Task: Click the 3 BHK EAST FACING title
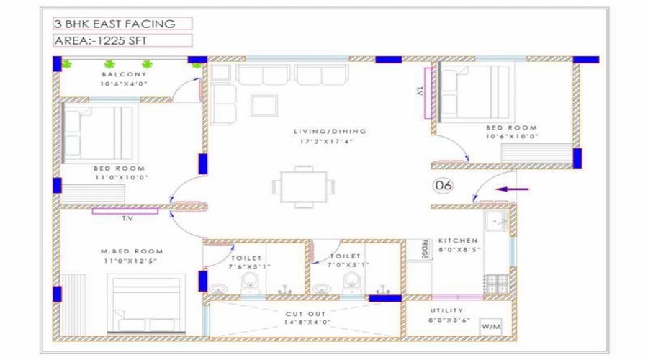[x=114, y=24]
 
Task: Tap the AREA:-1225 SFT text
[x=101, y=40]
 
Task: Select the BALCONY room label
[x=124, y=74]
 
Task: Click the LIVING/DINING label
[x=330, y=132]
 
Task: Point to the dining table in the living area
[x=304, y=186]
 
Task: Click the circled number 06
[x=443, y=185]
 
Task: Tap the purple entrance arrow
[x=512, y=189]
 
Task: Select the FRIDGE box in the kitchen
[x=420, y=249]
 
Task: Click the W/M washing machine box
[x=491, y=327]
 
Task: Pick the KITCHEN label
[x=458, y=240]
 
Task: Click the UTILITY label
[x=446, y=310]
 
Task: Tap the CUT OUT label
[x=305, y=314]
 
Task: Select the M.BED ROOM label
[x=132, y=251]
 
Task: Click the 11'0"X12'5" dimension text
[x=130, y=261]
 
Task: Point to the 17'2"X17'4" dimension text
[x=326, y=141]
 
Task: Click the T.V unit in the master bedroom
[x=125, y=211]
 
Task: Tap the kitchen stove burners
[x=496, y=284]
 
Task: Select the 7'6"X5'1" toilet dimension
[x=250, y=266]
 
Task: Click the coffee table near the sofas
[x=264, y=105]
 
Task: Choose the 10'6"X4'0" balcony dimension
[x=124, y=84]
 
